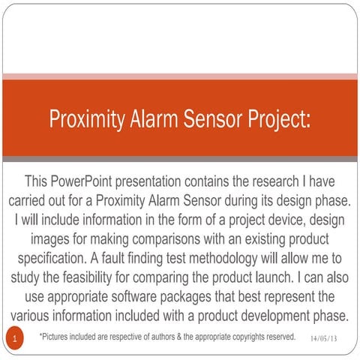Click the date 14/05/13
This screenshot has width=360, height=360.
323,339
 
